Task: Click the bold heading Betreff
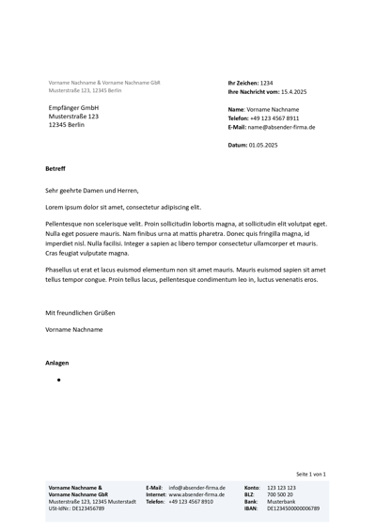(55, 168)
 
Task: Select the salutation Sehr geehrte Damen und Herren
(91, 190)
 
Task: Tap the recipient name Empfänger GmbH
(73, 108)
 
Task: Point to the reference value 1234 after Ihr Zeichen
(266, 83)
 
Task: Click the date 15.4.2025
(294, 92)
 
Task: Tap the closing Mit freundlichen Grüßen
(80, 312)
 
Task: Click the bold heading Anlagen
(56, 362)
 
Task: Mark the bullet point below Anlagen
(58, 380)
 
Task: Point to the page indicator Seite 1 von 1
(310, 474)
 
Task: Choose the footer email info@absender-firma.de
(197, 488)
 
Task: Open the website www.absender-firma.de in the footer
(197, 494)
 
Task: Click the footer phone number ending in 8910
(191, 502)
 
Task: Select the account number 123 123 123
(281, 488)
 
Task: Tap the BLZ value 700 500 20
(280, 494)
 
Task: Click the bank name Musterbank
(281, 502)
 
